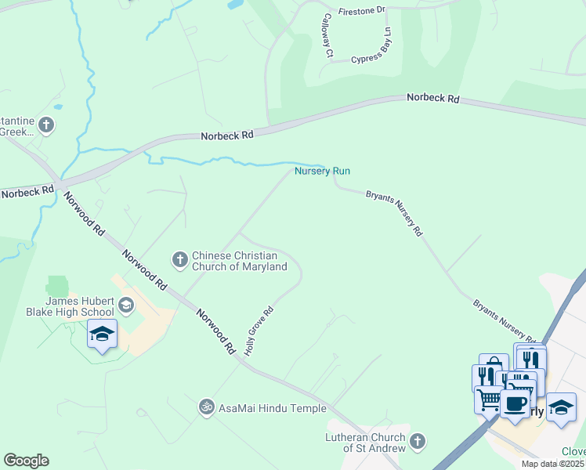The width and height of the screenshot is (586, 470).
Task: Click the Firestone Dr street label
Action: click(362, 11)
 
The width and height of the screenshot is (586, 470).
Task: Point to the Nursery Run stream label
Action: click(322, 171)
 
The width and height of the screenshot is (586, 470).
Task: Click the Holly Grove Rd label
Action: click(258, 331)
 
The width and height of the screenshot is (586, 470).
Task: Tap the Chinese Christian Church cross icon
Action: click(179, 258)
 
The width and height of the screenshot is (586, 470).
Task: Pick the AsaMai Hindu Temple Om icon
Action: click(207, 407)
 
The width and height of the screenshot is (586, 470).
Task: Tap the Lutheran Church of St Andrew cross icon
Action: click(418, 442)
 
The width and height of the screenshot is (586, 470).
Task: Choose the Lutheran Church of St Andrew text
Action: click(367, 443)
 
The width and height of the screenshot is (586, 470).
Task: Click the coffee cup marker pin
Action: click(515, 405)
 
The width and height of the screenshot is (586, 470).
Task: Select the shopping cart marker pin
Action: click(489, 399)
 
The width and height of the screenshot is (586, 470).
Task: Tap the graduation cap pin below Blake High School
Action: click(102, 335)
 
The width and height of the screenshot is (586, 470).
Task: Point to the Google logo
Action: click(26, 461)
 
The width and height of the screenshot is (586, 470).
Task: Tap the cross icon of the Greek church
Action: click(46, 125)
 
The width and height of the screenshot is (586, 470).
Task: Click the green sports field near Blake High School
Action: click(58, 286)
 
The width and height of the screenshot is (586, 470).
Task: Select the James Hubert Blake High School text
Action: click(80, 306)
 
